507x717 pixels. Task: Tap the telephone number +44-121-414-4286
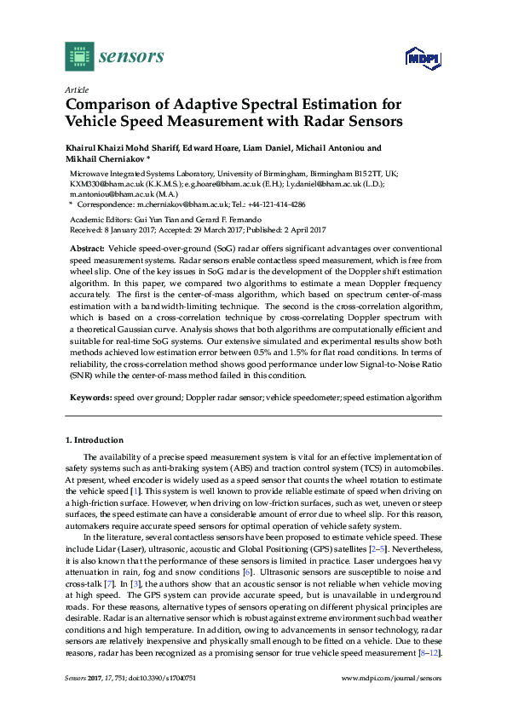click(276, 204)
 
